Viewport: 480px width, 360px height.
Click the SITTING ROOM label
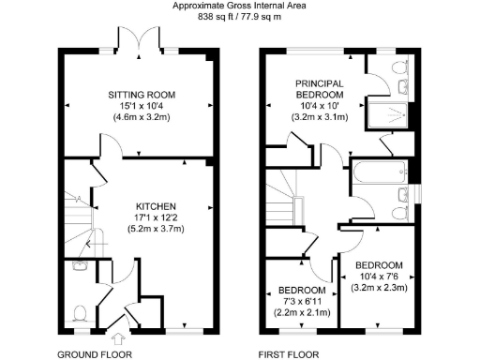(141, 96)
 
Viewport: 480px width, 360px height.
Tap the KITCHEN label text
(155, 205)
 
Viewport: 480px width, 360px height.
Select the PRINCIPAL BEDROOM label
(320, 90)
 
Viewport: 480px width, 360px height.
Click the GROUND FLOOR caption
(95, 354)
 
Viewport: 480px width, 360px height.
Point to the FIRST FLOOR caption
(289, 354)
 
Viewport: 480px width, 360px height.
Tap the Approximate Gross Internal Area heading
(240, 6)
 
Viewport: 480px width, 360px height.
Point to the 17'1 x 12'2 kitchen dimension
(155, 217)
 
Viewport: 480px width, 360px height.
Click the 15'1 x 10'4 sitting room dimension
(141, 108)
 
